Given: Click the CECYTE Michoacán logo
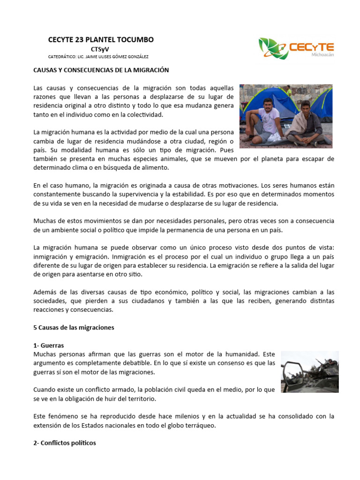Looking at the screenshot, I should point(296,49).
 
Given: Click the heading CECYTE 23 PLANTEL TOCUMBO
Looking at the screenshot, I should point(101,40).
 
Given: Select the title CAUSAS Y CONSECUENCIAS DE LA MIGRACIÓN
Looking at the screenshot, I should point(101,70).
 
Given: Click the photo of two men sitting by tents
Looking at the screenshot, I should point(286,116).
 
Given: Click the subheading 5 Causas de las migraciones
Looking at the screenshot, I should point(74,328).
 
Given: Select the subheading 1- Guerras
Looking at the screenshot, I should point(49,345).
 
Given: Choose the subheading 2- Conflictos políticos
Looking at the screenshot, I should point(64,442).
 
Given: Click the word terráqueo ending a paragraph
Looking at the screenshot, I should point(200,425).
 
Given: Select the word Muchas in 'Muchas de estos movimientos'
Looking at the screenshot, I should point(45,221).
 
